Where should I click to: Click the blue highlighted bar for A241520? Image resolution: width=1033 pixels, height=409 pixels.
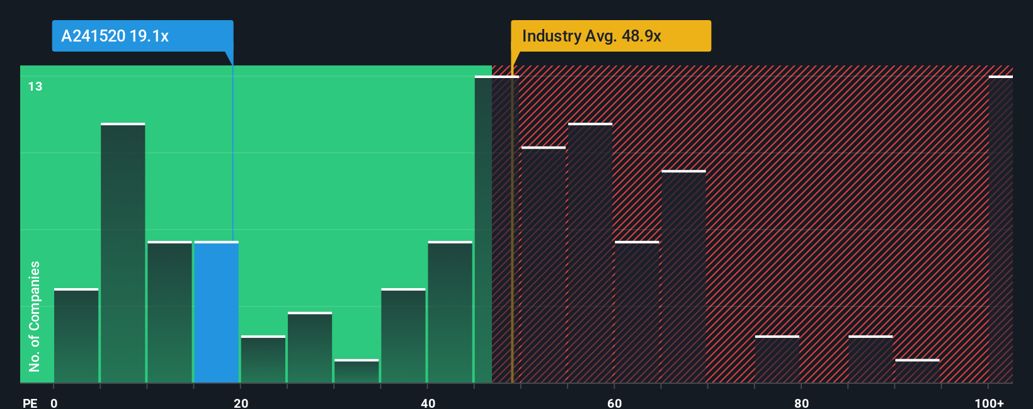point(216,312)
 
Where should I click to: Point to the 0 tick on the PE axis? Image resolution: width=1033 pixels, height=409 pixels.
point(54,403)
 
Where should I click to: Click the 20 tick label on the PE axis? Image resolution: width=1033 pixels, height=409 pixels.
point(241,403)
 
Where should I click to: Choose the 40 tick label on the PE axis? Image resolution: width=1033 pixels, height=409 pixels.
point(428,403)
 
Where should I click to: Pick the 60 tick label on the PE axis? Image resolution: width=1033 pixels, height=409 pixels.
point(614,403)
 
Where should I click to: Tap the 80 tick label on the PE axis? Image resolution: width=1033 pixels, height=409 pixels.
point(801,403)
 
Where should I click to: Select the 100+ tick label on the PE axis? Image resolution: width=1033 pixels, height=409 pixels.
point(989,403)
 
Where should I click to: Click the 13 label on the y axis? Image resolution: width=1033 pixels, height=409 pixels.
point(35,86)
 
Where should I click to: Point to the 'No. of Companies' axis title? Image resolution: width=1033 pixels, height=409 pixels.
point(35,316)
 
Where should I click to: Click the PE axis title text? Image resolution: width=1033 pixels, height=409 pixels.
point(30,403)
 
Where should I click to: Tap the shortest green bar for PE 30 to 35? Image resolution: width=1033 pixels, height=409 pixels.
point(357,371)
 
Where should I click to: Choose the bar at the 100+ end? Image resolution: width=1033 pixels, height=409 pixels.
point(1000,230)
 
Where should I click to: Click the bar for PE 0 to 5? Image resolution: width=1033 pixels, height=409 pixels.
point(76,336)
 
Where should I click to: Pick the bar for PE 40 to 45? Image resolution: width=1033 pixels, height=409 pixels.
point(450,312)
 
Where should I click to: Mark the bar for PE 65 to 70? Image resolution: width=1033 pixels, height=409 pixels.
point(683,277)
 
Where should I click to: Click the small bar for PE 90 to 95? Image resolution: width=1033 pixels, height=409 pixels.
point(917,371)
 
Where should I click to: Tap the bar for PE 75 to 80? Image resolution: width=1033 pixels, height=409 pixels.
point(777,359)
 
